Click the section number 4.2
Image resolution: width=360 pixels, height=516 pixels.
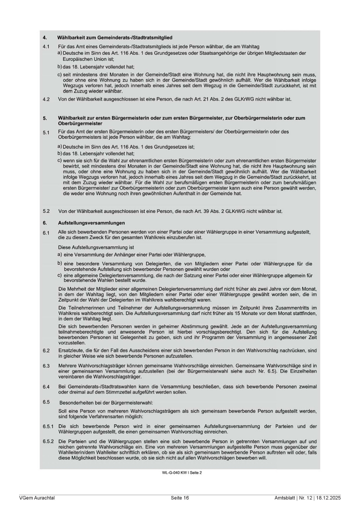46,99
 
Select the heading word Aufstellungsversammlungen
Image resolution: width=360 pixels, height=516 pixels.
91,223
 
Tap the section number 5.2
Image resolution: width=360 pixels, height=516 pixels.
46,211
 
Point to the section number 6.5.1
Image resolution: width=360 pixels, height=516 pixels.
48,426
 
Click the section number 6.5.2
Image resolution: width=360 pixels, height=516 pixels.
48,441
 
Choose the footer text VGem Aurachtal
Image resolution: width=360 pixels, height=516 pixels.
37,498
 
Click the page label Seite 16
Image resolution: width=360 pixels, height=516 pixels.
180,498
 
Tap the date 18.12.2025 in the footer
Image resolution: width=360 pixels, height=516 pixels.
328,498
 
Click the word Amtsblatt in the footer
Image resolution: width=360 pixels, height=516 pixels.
284,498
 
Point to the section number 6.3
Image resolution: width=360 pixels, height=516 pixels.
46,366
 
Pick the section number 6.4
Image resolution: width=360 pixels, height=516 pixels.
46,387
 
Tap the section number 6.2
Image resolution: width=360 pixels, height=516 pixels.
46,351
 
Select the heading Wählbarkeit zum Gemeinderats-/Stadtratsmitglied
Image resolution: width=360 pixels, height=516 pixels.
115,37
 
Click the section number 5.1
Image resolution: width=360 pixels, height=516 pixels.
46,132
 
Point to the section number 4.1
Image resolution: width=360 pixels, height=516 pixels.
46,46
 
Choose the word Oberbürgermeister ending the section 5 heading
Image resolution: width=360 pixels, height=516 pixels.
80,123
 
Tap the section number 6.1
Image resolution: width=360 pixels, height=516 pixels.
46,233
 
